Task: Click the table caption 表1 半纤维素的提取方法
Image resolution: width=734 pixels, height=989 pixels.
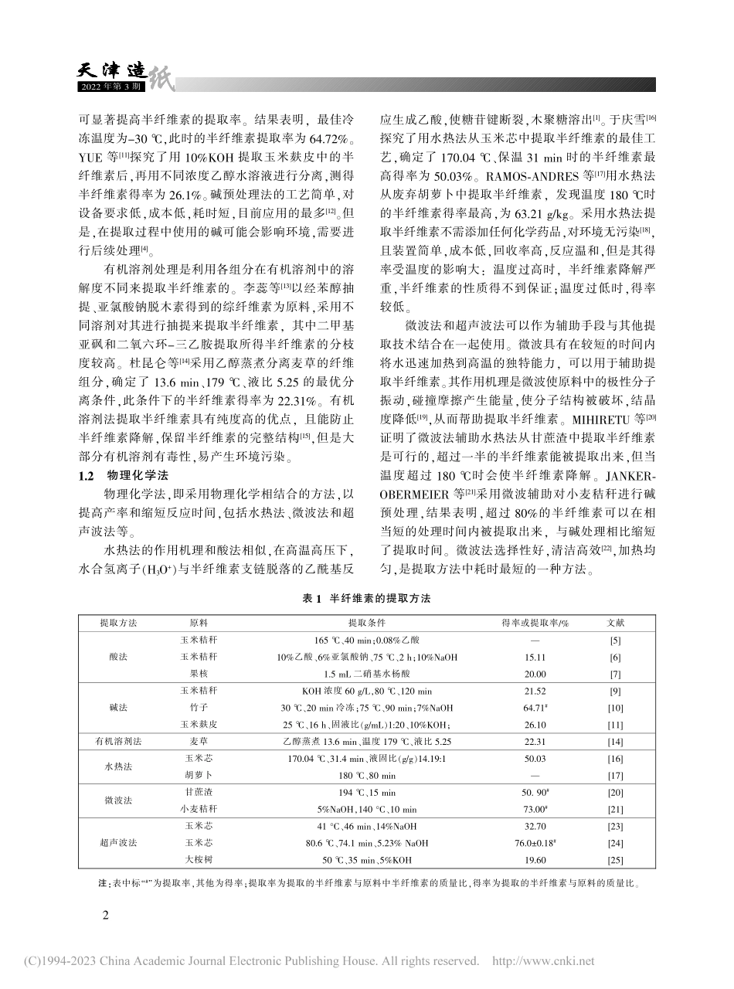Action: (366, 599)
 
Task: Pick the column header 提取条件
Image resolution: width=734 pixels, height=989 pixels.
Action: (366, 623)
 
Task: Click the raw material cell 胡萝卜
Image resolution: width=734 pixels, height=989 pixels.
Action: (198, 774)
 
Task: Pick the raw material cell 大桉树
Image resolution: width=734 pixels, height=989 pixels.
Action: (198, 858)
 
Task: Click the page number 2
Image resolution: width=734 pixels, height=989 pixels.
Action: (107, 915)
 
